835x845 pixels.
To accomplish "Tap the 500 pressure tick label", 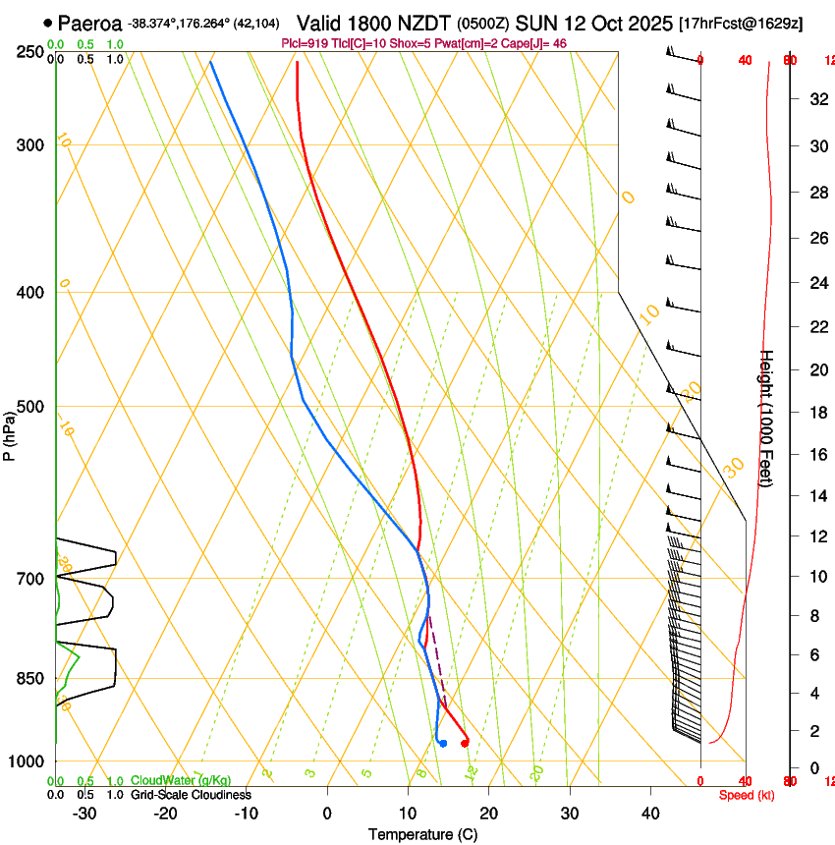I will coord(30,407).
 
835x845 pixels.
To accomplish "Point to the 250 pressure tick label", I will coord(30,51).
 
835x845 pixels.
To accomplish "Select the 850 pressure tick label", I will coord(30,678).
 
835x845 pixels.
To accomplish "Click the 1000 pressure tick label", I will coord(27,761).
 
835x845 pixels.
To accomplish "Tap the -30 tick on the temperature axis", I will coord(84,813).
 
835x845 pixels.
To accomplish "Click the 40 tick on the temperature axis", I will coord(650,813).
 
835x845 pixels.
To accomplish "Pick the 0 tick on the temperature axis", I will coord(327,813).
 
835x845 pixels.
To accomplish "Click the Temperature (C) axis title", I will coord(423,834).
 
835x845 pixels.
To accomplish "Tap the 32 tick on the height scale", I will coord(816,98).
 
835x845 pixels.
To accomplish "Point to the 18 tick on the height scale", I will coord(816,413).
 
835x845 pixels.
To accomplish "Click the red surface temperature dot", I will coord(465,742).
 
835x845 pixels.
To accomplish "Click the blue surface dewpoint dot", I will coord(444,743).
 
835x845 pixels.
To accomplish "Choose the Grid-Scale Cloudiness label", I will coord(191,794).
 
